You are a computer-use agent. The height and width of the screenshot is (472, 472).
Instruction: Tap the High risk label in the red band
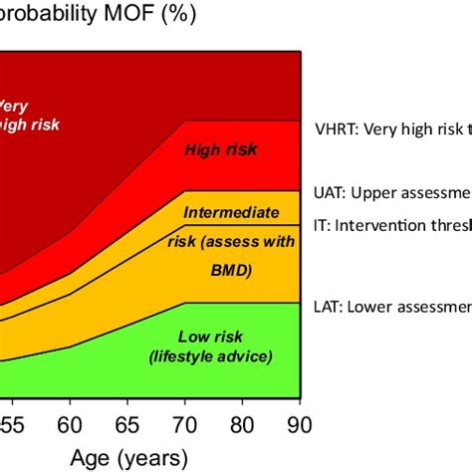(x=221, y=150)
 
